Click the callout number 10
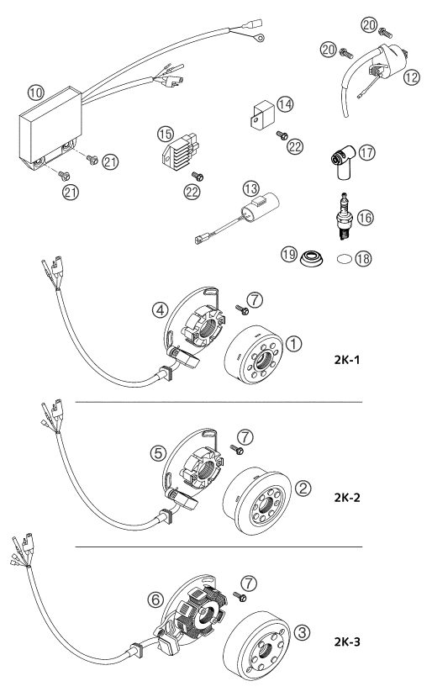(36, 92)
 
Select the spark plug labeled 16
(345, 216)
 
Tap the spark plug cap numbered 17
(344, 162)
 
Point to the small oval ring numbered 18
(344, 258)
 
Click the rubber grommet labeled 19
(311, 258)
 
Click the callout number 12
(412, 77)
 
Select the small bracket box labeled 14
(263, 114)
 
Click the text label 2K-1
(346, 359)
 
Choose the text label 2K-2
(346, 498)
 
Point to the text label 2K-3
(346, 641)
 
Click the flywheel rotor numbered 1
(253, 355)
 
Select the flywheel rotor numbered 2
(257, 500)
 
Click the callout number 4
(160, 309)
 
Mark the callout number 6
(155, 599)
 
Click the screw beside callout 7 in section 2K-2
(237, 450)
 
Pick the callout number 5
(158, 453)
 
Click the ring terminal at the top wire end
(259, 37)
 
